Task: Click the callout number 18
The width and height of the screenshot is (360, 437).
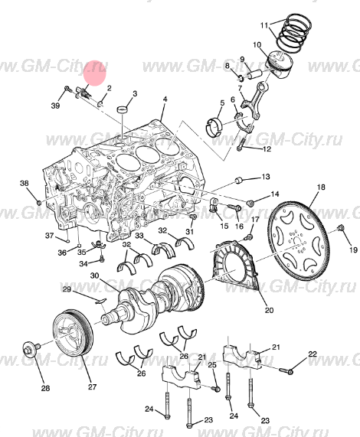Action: (321, 188)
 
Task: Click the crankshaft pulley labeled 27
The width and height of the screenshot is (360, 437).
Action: (74, 335)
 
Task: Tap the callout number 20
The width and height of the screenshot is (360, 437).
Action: (268, 310)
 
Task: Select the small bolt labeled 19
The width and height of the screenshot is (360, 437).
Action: (340, 229)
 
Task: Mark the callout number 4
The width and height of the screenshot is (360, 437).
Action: (163, 101)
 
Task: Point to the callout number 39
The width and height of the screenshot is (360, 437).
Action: (56, 105)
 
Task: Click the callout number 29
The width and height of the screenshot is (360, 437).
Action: (67, 289)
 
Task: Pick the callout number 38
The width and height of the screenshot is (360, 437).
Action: (24, 184)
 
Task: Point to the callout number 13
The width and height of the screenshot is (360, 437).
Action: (265, 177)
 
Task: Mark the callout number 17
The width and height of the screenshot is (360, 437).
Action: (256, 220)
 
